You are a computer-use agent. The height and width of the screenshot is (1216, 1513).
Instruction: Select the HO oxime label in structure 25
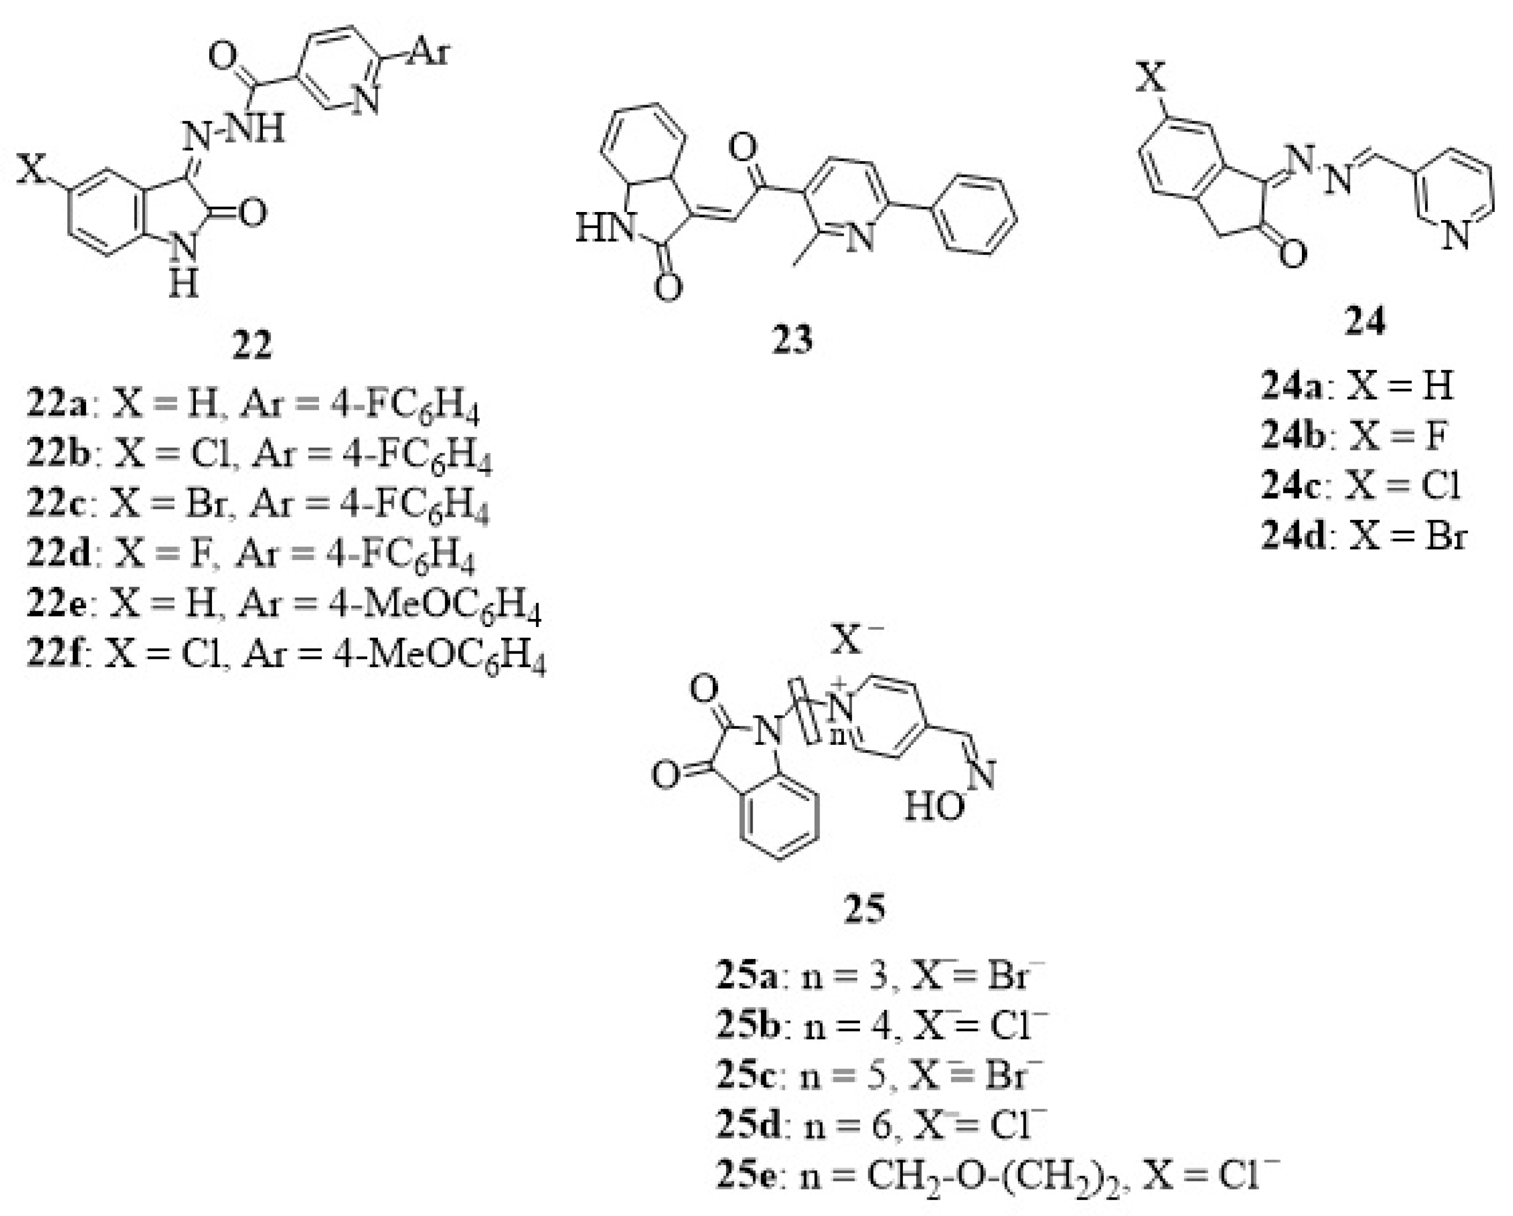pyautogui.click(x=934, y=807)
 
